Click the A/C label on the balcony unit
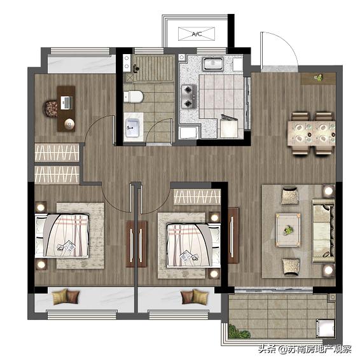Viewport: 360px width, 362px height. pyautogui.click(x=197, y=34)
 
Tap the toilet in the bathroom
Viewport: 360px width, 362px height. pyautogui.click(x=134, y=97)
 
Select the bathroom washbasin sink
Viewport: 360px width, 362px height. pyautogui.click(x=132, y=127)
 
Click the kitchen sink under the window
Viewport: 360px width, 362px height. pyautogui.click(x=213, y=63)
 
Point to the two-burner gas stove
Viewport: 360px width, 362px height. pyautogui.click(x=189, y=96)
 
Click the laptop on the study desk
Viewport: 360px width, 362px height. pyautogui.click(x=66, y=102)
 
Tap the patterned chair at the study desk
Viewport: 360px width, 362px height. pyautogui.click(x=51, y=108)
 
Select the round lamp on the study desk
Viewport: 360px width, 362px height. pyautogui.click(x=69, y=125)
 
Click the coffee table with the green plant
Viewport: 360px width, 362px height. pyautogui.click(x=288, y=230)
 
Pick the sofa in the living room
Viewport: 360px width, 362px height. pyautogui.click(x=323, y=231)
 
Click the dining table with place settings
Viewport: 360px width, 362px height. pyautogui.click(x=311, y=134)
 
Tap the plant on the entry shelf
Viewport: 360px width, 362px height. pyautogui.click(x=319, y=78)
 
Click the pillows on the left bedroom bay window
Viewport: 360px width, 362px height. pyautogui.click(x=66, y=296)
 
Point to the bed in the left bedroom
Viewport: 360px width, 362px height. pyautogui.click(x=62, y=235)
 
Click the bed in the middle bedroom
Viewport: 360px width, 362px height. pyautogui.click(x=193, y=245)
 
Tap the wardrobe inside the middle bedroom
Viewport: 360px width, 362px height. pyautogui.click(x=197, y=197)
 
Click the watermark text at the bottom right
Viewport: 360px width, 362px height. pyautogui.click(x=305, y=349)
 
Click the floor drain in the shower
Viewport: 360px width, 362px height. pyautogui.click(x=130, y=78)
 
